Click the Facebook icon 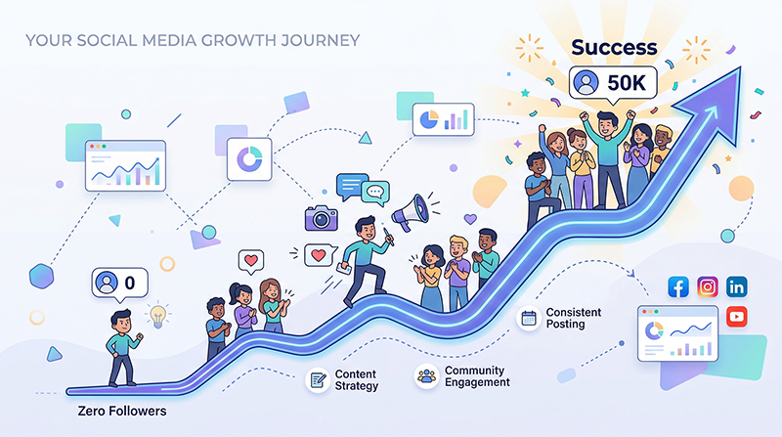[x=678, y=287]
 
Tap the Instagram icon [x=708, y=287]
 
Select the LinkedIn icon [x=737, y=287]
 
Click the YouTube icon [x=736, y=315]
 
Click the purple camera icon [x=320, y=217]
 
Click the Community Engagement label [x=477, y=376]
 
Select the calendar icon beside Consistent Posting [x=529, y=318]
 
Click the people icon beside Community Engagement [x=425, y=375]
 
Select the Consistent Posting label [x=574, y=319]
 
